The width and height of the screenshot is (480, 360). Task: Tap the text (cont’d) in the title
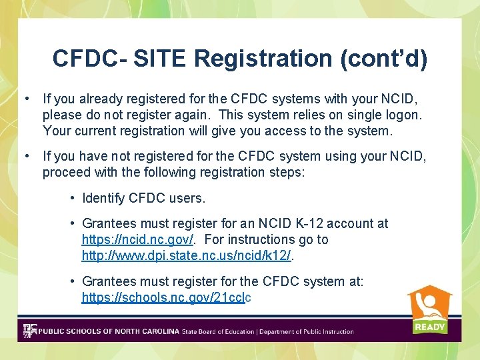(x=384, y=58)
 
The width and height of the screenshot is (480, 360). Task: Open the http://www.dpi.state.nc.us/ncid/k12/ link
(x=187, y=255)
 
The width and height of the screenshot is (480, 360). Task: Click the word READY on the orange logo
(x=430, y=327)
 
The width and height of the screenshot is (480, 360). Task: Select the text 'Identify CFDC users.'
(x=143, y=198)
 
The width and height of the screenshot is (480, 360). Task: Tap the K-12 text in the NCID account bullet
(x=310, y=223)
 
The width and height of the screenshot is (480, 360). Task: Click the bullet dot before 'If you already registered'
(x=26, y=99)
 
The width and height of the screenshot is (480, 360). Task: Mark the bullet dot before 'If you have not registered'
(x=26, y=156)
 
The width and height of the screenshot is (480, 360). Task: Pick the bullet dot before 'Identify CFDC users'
(x=72, y=198)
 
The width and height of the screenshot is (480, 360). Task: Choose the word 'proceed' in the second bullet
(x=65, y=172)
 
